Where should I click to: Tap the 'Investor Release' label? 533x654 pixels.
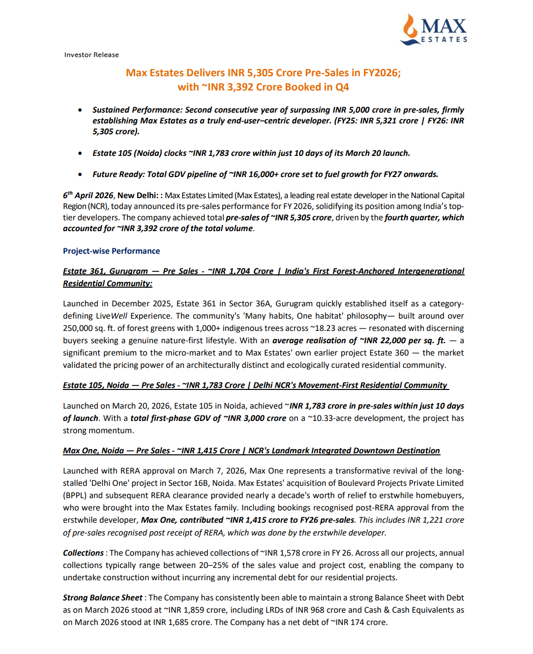click(91, 55)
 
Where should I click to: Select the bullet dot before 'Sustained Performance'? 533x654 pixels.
click(80, 110)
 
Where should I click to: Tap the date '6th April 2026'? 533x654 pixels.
click(88, 195)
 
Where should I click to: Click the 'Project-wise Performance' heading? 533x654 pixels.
click(111, 251)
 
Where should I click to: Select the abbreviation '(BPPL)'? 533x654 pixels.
click(75, 495)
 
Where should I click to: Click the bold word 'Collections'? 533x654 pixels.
click(83, 553)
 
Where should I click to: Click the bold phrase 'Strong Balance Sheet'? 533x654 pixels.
click(102, 597)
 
